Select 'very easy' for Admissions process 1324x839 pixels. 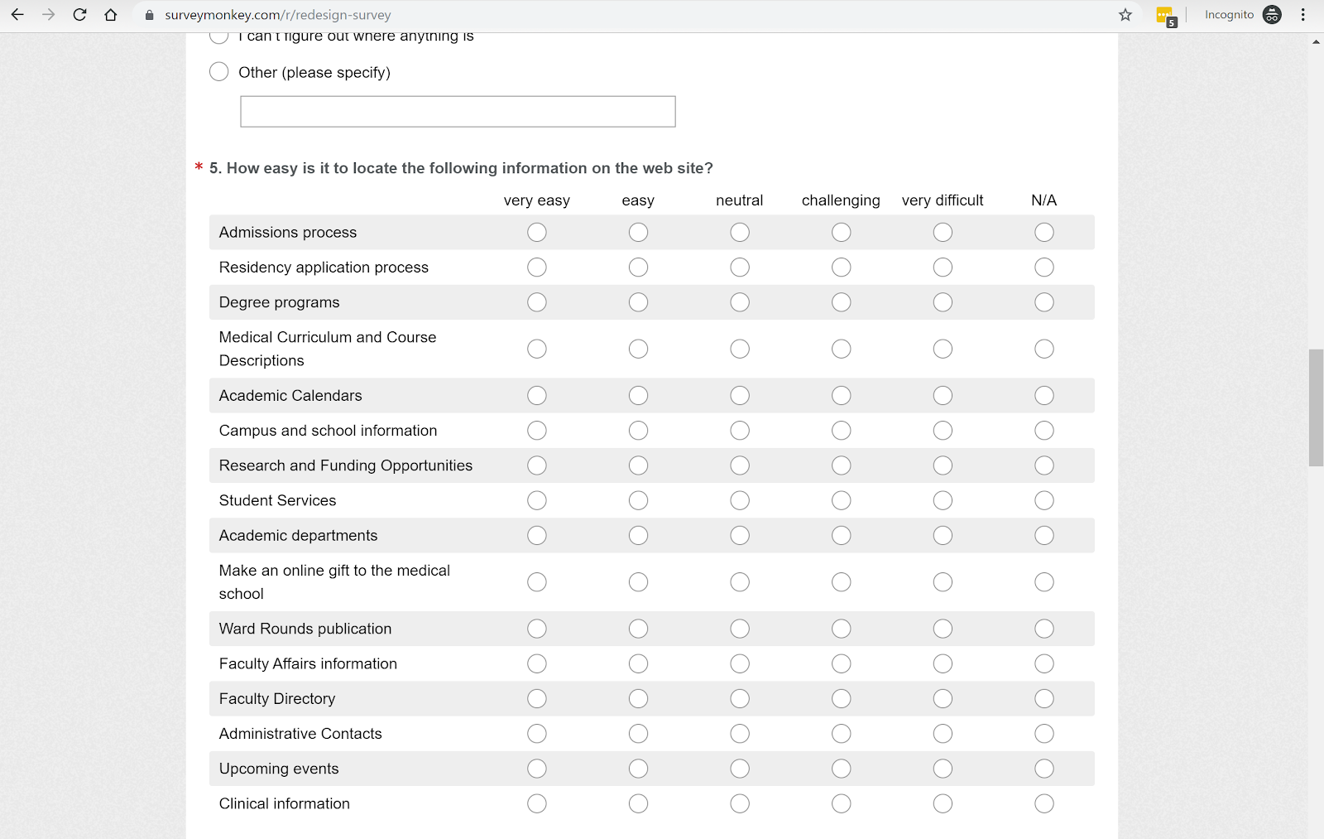coord(537,233)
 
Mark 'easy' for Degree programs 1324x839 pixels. coord(638,302)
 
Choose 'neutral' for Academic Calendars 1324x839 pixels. coord(740,396)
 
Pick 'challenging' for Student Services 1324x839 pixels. coord(842,500)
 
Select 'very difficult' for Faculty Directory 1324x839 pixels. coord(943,699)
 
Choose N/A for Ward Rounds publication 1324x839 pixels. coord(1044,629)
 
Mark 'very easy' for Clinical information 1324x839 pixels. coord(537,803)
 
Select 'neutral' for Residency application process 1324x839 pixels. coord(740,268)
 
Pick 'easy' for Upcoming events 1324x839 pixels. coord(638,769)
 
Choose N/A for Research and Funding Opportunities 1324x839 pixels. coord(1044,465)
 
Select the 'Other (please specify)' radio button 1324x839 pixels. coord(219,72)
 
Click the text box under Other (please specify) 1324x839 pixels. coord(458,112)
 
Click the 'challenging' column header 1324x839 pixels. coord(841,200)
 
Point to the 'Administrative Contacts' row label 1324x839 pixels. coord(300,734)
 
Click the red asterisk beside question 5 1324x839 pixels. coord(199,167)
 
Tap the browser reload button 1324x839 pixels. coord(79,15)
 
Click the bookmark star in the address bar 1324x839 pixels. coord(1125,15)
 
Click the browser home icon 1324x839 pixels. coord(111,15)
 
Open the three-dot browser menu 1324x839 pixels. coord(1303,15)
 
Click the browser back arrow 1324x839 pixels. coord(17,15)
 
